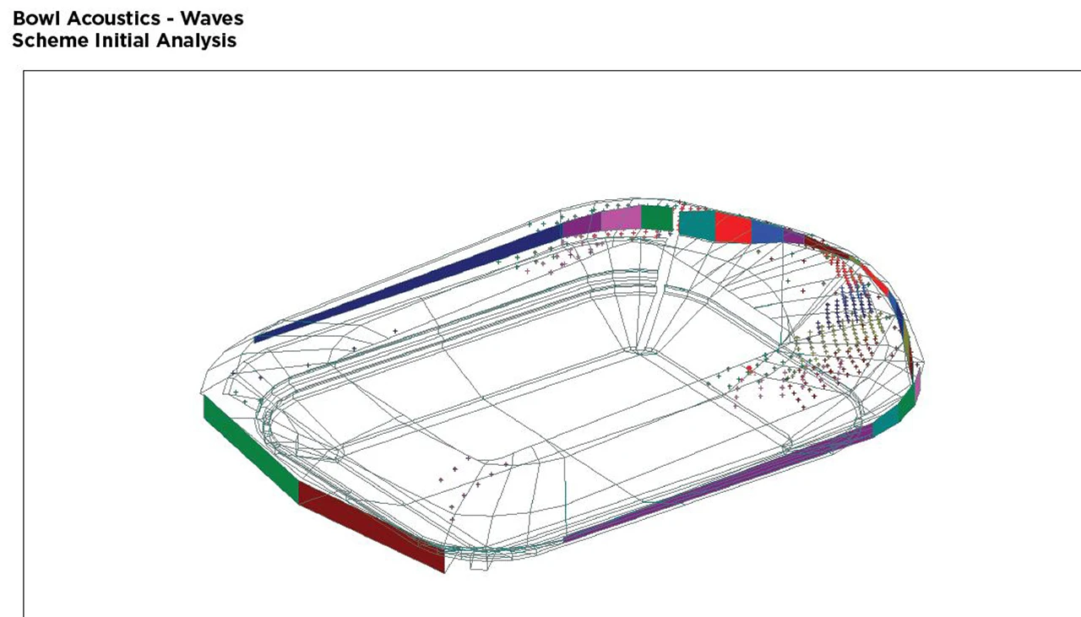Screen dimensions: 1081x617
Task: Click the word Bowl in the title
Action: pyautogui.click(x=38, y=19)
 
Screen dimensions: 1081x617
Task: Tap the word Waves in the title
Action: pyautogui.click(x=212, y=19)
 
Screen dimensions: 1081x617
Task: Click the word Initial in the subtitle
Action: pyautogui.click(x=122, y=41)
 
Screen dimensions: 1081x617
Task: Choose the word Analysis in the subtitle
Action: pyautogui.click(x=197, y=41)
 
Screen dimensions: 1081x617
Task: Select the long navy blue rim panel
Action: pyautogui.click(x=408, y=284)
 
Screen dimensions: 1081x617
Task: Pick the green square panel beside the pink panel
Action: pyautogui.click(x=657, y=218)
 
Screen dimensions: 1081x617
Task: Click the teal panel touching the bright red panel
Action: pyautogui.click(x=698, y=225)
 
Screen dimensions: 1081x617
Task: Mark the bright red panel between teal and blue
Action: pyautogui.click(x=734, y=228)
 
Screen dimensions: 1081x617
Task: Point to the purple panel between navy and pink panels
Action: pyautogui.click(x=582, y=225)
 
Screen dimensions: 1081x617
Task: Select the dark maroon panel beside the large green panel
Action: pyautogui.click(x=372, y=528)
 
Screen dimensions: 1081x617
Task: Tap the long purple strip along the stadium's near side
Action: pyautogui.click(x=719, y=484)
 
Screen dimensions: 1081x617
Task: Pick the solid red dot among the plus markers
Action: pyautogui.click(x=749, y=369)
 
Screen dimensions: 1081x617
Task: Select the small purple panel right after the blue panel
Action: pyautogui.click(x=795, y=236)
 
